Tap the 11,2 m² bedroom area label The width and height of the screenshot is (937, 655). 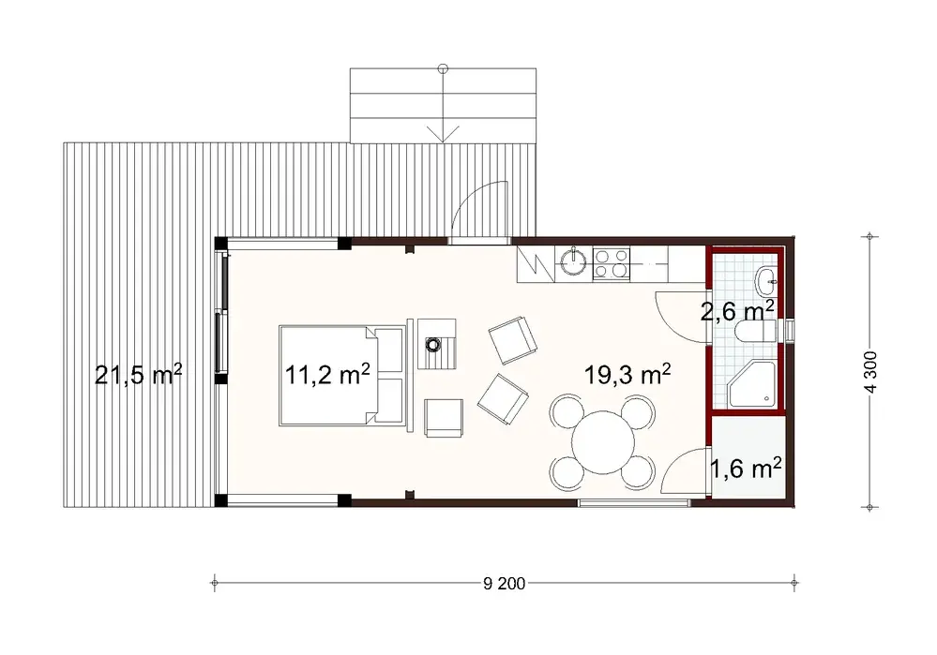pos(327,375)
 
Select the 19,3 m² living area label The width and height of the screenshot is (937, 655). pos(627,375)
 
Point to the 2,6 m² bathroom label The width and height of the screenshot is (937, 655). pos(737,309)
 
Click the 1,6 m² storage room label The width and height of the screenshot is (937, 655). pos(747,467)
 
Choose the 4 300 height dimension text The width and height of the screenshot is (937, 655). pos(871,376)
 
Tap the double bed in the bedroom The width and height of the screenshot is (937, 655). pos(342,376)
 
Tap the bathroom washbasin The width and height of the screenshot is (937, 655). pos(766,277)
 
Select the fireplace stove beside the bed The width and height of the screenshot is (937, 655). pos(435,344)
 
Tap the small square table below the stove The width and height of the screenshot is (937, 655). pos(444,416)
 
